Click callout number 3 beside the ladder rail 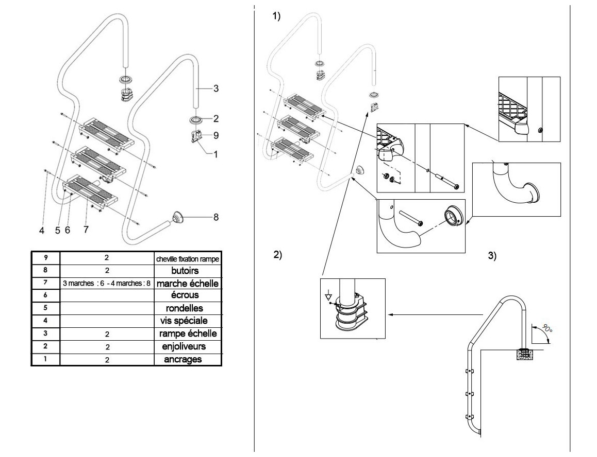[216, 89]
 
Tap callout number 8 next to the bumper [216, 217]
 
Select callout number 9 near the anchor [216, 135]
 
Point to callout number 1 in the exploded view [216, 153]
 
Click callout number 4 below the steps [42, 231]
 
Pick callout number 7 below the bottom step [86, 230]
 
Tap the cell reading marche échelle [188, 283]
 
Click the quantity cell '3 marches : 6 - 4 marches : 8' [107, 283]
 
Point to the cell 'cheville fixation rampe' [188, 258]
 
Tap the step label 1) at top [276, 16]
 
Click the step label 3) [492, 256]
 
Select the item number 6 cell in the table [45, 295]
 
